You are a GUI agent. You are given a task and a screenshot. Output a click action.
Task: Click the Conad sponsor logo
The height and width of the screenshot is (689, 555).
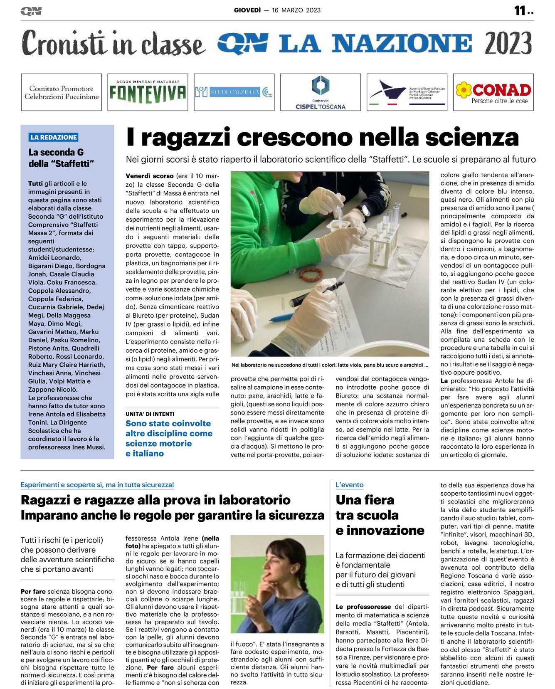pyautogui.click(x=493, y=92)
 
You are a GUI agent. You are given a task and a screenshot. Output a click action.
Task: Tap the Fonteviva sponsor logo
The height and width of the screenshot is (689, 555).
pyautogui.click(x=148, y=92)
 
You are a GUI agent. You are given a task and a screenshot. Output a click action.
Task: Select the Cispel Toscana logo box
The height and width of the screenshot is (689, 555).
pyautogui.click(x=320, y=92)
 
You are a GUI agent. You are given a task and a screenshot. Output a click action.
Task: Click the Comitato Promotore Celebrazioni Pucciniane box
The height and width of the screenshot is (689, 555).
pyautogui.click(x=62, y=92)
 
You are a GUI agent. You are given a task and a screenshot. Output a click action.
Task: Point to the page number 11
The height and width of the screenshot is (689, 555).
pyautogui.click(x=520, y=10)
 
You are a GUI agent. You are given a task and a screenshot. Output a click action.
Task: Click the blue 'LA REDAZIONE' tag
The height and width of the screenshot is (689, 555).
pyautogui.click(x=54, y=137)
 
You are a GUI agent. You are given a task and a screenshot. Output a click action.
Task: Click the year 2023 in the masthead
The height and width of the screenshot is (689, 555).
pyautogui.click(x=508, y=43)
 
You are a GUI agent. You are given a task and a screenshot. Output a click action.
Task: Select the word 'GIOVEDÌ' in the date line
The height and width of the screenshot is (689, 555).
pyautogui.click(x=247, y=10)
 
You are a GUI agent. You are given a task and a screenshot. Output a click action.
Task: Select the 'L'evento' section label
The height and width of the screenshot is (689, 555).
pyautogui.click(x=349, y=485)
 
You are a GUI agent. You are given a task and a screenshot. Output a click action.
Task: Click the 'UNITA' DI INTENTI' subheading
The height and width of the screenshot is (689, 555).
pyautogui.click(x=150, y=414)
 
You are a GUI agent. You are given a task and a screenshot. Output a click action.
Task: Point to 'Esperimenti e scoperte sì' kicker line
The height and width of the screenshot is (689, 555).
pyautogui.click(x=97, y=485)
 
